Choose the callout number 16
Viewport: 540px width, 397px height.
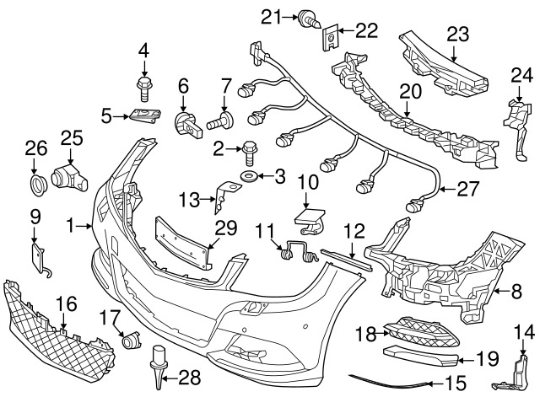coord(66,303)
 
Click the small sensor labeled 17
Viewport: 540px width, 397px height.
coord(131,341)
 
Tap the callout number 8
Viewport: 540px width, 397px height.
coord(516,292)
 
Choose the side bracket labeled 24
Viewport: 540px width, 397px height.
coord(516,125)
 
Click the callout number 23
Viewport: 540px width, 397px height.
coord(456,34)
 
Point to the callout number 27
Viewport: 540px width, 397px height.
coord(462,190)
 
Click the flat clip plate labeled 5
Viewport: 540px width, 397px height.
coord(144,116)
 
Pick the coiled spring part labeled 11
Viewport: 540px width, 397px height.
coord(294,248)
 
